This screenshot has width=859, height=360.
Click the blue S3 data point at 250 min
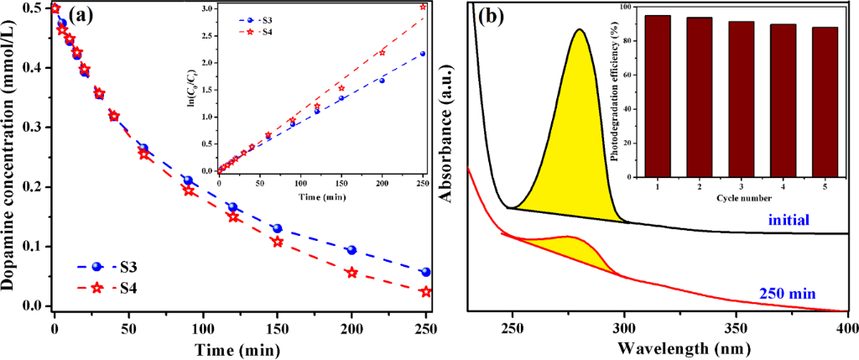click(426, 272)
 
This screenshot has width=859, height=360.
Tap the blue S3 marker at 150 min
click(277, 228)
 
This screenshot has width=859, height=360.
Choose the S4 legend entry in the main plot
click(114, 288)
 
